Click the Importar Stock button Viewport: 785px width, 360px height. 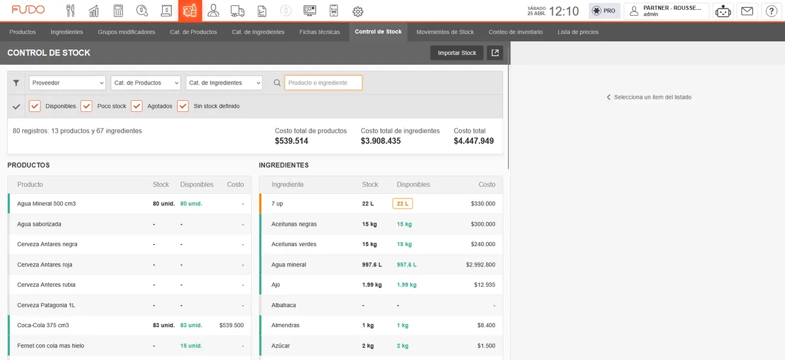457,53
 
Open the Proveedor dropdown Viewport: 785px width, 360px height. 67,82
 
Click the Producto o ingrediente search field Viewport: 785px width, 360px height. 323,82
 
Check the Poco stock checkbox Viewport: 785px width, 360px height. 86,106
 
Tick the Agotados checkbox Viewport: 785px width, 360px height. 137,106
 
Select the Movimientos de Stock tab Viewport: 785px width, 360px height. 445,32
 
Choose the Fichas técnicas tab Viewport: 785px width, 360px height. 319,32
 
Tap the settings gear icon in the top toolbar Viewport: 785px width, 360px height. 357,11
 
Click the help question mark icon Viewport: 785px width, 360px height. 771,11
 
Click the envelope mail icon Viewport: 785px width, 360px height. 747,11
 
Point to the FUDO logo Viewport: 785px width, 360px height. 28,9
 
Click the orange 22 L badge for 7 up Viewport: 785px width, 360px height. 402,204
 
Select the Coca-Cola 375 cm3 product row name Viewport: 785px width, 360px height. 43,325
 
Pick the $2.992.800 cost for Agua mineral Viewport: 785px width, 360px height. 480,264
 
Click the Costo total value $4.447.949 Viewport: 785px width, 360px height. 474,141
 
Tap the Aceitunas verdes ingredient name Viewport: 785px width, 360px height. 294,244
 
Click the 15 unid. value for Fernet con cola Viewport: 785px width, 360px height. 191,346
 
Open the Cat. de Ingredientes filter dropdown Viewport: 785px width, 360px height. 224,82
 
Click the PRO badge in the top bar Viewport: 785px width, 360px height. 604,11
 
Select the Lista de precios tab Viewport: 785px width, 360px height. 578,32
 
